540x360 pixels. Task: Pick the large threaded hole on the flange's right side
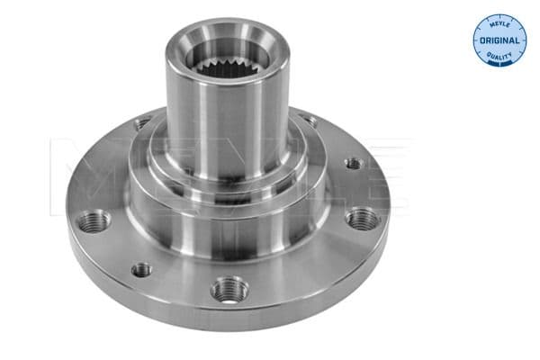[362, 218]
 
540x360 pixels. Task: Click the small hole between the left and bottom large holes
[141, 268]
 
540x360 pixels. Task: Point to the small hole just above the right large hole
[355, 164]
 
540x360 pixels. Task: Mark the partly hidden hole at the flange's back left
[141, 123]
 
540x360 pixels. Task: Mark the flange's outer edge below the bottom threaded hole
[234, 317]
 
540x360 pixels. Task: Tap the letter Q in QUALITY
[489, 57]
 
